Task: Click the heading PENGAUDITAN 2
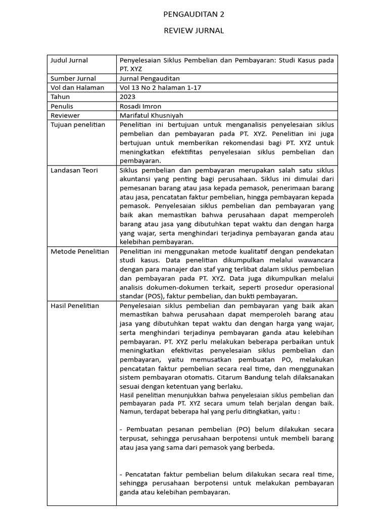coord(194,15)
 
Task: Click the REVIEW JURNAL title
coord(194,31)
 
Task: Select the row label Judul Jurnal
coord(69,61)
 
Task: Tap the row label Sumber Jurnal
coord(73,79)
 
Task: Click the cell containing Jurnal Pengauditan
coord(149,79)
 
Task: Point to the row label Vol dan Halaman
coord(77,88)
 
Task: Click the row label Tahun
coord(60,97)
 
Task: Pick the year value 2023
coord(128,97)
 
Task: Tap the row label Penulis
coord(62,106)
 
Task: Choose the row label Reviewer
coord(65,115)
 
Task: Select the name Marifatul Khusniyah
coord(152,115)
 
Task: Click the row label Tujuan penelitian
coord(78,125)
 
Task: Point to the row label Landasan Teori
coord(74,170)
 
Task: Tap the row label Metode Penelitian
coord(80,251)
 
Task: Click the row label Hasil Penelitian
coord(75,306)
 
